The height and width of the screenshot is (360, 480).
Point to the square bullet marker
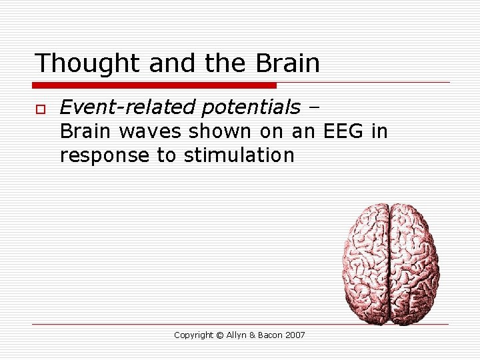click(39, 107)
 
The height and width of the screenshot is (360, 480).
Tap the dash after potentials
click(315, 107)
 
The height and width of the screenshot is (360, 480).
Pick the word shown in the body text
click(218, 131)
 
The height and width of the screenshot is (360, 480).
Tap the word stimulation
click(239, 155)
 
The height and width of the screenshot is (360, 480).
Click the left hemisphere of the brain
click(366, 263)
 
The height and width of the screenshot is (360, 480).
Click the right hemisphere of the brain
click(414, 263)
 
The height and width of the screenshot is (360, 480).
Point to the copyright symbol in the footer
click(220, 335)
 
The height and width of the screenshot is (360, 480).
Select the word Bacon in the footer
click(272, 335)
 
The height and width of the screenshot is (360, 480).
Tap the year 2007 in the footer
click(295, 335)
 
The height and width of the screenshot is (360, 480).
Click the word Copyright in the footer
click(193, 335)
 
